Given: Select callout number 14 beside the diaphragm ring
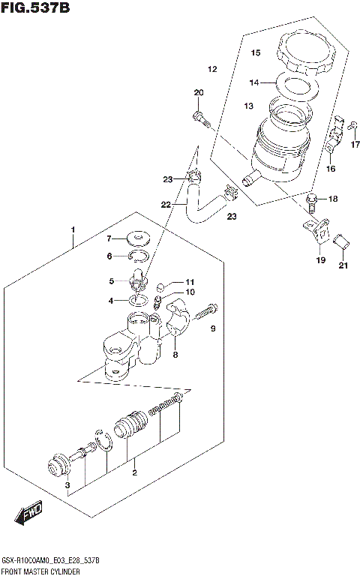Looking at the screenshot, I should [x=254, y=82].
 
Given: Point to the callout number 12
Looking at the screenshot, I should [x=212, y=70].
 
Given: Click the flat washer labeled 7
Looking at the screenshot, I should [x=136, y=239].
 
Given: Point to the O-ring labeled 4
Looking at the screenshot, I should [x=138, y=300].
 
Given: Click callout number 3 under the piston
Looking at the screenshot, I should [x=67, y=487].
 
